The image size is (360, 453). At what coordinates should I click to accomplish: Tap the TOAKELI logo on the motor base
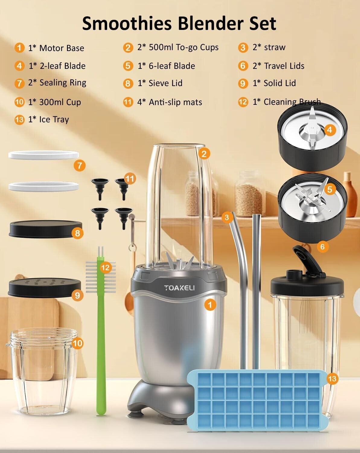pos(179,288)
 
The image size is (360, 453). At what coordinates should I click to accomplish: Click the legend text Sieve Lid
pos(165,83)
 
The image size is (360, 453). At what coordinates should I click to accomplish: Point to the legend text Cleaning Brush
pos(292,102)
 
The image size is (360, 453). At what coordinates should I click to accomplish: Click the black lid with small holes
pos(44,288)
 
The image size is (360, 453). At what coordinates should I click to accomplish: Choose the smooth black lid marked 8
pos(45,229)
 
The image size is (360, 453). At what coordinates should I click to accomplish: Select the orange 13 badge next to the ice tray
pos(332,379)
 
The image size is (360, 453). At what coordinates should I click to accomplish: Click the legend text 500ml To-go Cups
pos(184,48)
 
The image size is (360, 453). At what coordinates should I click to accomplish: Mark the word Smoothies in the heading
pos(127,23)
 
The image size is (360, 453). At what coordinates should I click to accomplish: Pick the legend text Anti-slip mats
pos(176,102)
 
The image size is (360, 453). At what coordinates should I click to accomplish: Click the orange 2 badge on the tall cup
pos(204,154)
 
